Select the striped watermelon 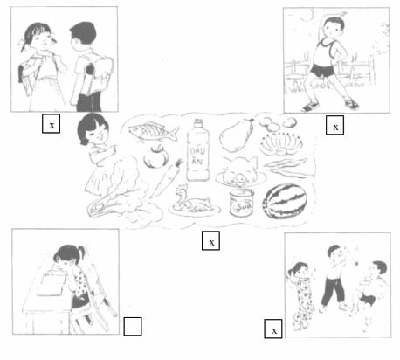[x=283, y=203]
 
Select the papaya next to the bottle [x=238, y=137]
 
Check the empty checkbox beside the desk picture [x=133, y=327]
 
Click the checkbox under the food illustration [x=210, y=240]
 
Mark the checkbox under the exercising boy [x=334, y=125]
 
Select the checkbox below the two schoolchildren [x=52, y=123]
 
